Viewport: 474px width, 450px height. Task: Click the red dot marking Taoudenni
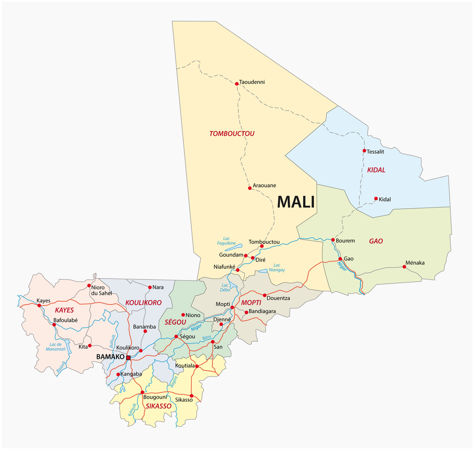click(237, 83)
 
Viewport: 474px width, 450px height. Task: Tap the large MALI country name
click(296, 202)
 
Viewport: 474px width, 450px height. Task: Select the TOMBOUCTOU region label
click(232, 134)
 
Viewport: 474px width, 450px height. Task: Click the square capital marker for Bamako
click(128, 358)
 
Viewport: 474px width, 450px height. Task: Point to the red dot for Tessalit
click(364, 151)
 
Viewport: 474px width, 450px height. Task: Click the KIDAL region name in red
click(376, 170)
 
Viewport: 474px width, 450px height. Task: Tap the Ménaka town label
click(415, 263)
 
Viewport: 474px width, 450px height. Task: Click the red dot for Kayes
click(39, 306)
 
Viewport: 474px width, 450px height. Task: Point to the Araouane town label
click(264, 185)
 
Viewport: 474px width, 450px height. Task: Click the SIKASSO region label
click(158, 406)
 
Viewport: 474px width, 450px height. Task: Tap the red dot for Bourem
click(333, 240)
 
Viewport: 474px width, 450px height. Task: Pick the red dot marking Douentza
click(265, 295)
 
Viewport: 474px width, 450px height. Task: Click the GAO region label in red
click(376, 241)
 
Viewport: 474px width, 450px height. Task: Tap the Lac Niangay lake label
click(277, 267)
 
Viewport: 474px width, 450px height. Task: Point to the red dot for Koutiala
click(197, 366)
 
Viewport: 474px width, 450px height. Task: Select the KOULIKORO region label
click(144, 303)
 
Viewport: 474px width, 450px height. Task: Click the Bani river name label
click(206, 337)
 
